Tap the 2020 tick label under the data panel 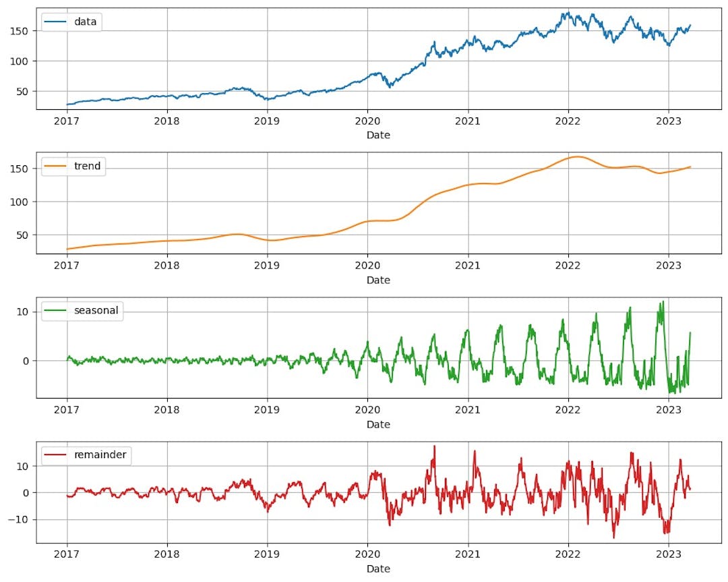[x=367, y=122]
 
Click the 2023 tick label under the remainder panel [x=668, y=556]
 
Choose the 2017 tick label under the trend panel [x=67, y=266]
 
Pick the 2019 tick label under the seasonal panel [x=267, y=411]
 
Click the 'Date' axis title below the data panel [x=378, y=135]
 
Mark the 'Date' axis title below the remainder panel [x=378, y=569]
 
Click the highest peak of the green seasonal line [x=662, y=301]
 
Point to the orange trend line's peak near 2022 [x=576, y=156]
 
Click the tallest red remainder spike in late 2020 [x=434, y=446]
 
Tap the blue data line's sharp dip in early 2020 [x=389, y=87]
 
